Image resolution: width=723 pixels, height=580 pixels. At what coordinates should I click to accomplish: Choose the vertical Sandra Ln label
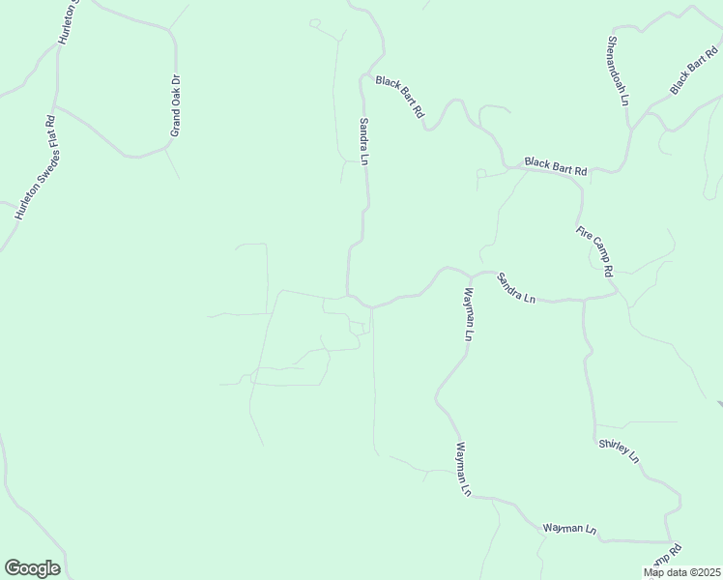coord(364,141)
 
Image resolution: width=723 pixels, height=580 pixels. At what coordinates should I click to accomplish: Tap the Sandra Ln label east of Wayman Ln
coord(516,288)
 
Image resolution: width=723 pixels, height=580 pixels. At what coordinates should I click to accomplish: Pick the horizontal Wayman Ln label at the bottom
coord(570,528)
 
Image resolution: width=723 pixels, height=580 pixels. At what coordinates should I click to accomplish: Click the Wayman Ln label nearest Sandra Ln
coord(469,315)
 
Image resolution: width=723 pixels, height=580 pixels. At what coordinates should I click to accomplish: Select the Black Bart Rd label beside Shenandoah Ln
coord(693,72)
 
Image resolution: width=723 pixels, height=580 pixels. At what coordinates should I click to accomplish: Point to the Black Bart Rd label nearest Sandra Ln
coord(400,97)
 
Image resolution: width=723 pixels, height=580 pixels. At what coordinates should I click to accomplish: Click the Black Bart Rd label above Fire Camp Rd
coord(556,166)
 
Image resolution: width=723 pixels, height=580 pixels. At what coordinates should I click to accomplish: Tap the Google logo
coord(32,568)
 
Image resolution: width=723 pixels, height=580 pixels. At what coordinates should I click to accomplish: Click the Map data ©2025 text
coord(682,572)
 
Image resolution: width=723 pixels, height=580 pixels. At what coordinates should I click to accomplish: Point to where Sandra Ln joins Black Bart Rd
coord(364,73)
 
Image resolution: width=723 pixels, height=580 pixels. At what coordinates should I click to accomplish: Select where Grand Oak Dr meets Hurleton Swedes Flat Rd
coord(55,104)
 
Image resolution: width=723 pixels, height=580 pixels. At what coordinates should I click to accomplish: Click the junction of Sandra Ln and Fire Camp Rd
coord(617,294)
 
